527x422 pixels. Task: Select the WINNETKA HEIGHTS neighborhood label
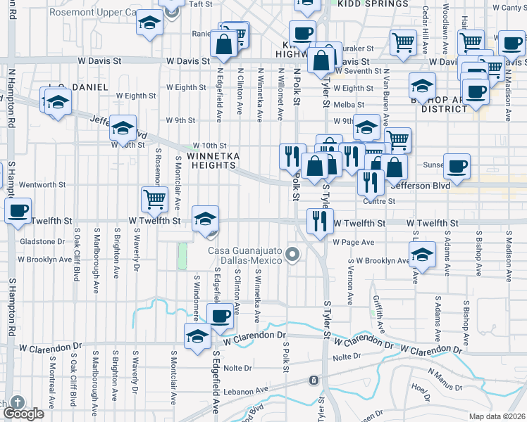tap(211, 160)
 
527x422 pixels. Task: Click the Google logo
tap(23, 414)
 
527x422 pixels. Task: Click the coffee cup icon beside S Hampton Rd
tap(18, 210)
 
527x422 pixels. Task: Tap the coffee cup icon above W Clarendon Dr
tap(220, 316)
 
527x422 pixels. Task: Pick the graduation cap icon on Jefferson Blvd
tap(123, 129)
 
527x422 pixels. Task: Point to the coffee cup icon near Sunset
tap(457, 166)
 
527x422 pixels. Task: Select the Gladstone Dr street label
tap(42, 241)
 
